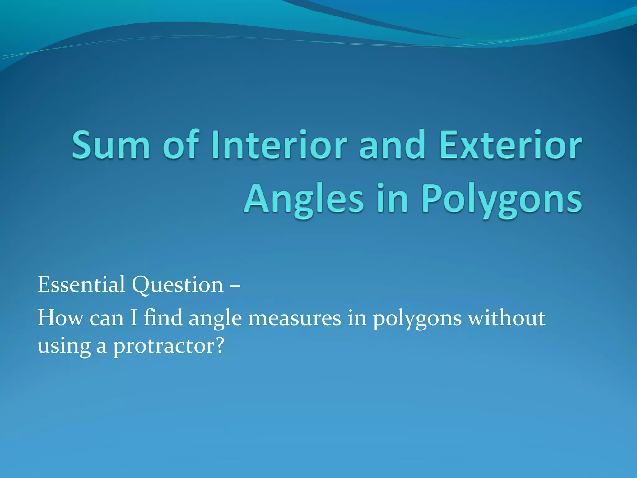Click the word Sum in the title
110,145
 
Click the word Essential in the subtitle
81,284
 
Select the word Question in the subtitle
178,285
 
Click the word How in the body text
61,318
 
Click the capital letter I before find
134,318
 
